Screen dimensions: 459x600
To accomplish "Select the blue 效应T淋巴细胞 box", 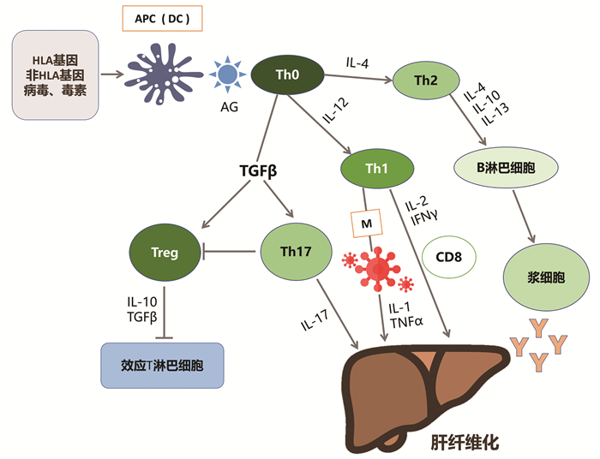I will (x=162, y=366).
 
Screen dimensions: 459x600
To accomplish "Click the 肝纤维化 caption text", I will (x=463, y=444).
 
